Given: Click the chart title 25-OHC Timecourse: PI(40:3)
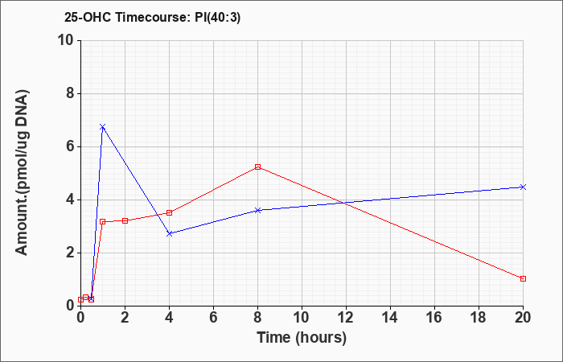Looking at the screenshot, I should click(141, 16).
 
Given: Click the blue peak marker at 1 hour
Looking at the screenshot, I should click(103, 127).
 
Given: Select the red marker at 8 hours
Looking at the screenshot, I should click(257, 167).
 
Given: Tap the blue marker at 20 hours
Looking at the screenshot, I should click(523, 187).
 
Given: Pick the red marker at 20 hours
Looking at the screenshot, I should click(523, 278).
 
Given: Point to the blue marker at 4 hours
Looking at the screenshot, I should click(169, 233).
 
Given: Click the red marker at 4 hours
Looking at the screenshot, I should click(169, 212).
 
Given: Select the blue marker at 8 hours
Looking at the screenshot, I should click(257, 210).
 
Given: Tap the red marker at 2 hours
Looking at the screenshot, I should click(125, 220).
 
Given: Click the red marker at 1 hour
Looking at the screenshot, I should click(103, 221).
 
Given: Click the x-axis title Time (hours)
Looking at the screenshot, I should click(302, 337).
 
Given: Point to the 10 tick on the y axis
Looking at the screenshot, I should click(64, 40).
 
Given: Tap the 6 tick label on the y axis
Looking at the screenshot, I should click(68, 146).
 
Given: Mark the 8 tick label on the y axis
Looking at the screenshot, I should click(68, 93).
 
